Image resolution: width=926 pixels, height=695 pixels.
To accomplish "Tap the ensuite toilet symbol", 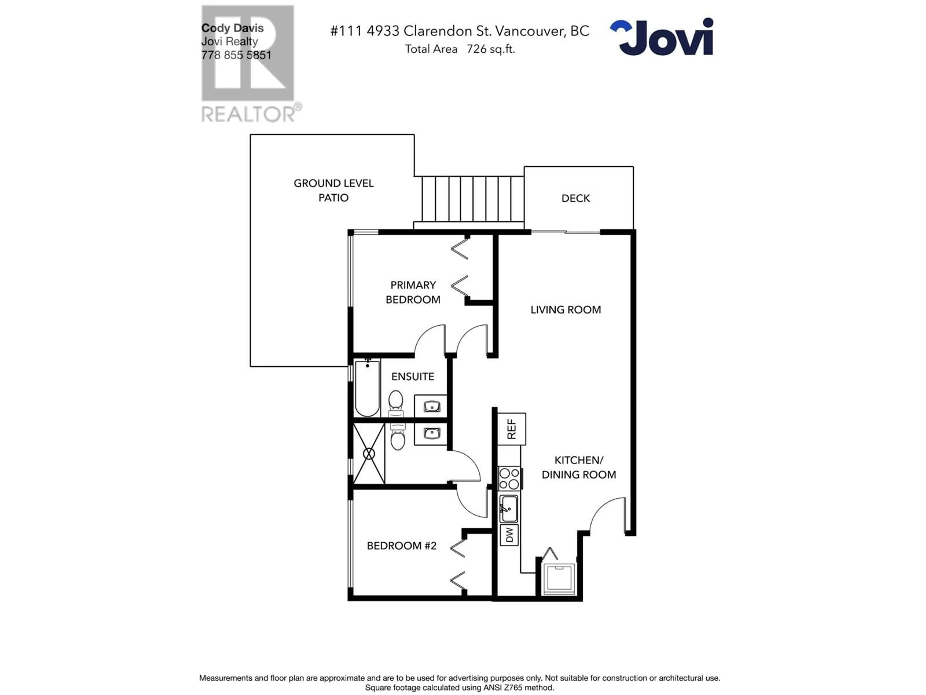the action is click(396, 403).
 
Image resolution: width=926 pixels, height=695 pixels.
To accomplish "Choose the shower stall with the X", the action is click(369, 453).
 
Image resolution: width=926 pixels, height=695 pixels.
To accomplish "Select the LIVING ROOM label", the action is click(565, 310).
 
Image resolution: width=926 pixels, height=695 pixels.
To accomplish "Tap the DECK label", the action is click(576, 198).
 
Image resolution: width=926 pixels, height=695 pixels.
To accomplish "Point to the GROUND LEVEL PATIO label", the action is click(334, 190).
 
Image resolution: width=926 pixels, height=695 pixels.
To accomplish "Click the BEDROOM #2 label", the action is click(402, 545).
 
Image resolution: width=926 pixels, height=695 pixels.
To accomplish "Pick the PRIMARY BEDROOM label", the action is click(413, 292).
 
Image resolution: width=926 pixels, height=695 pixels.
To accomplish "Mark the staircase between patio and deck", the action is click(469, 203).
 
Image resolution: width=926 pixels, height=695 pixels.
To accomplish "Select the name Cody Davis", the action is click(232, 28).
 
